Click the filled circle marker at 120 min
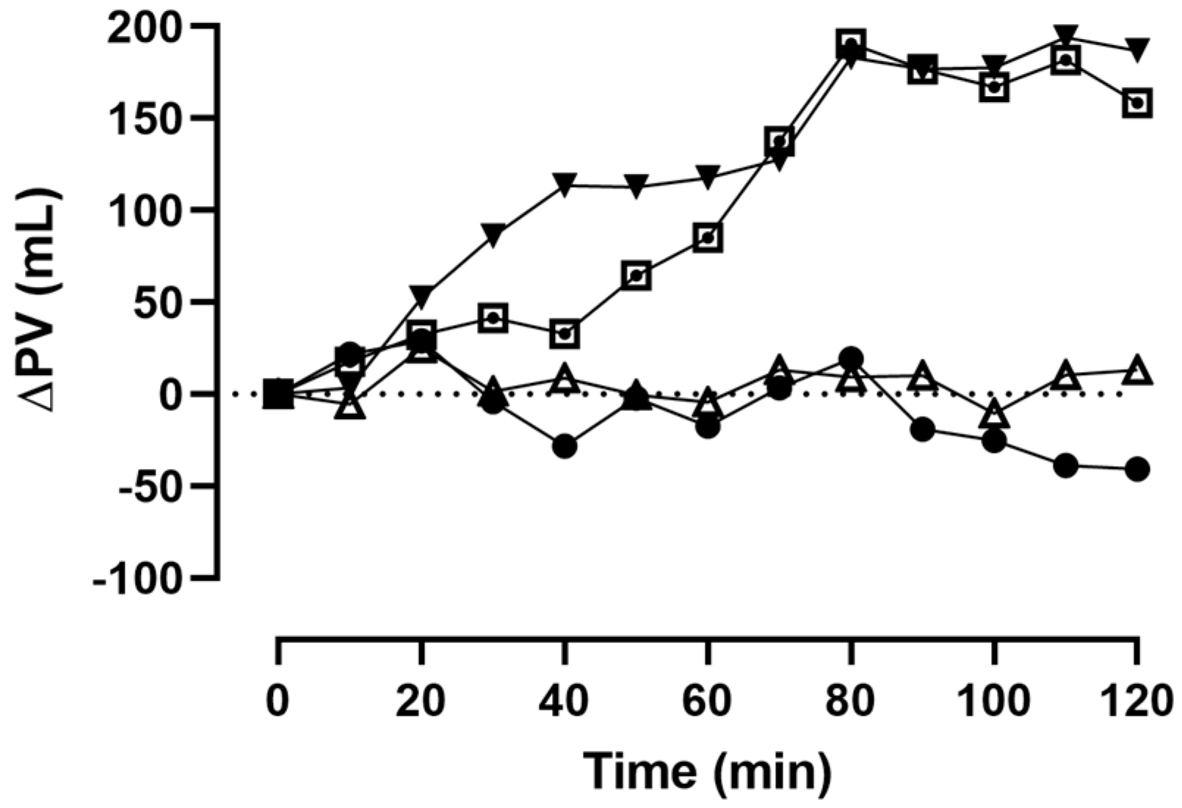(x=1136, y=469)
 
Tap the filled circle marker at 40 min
(x=564, y=446)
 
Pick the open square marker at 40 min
(x=564, y=334)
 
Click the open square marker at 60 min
(x=707, y=238)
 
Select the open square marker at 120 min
(x=1136, y=103)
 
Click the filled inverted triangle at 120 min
(x=1136, y=51)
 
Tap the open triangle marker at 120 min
(x=1136, y=371)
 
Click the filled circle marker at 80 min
(x=851, y=359)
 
